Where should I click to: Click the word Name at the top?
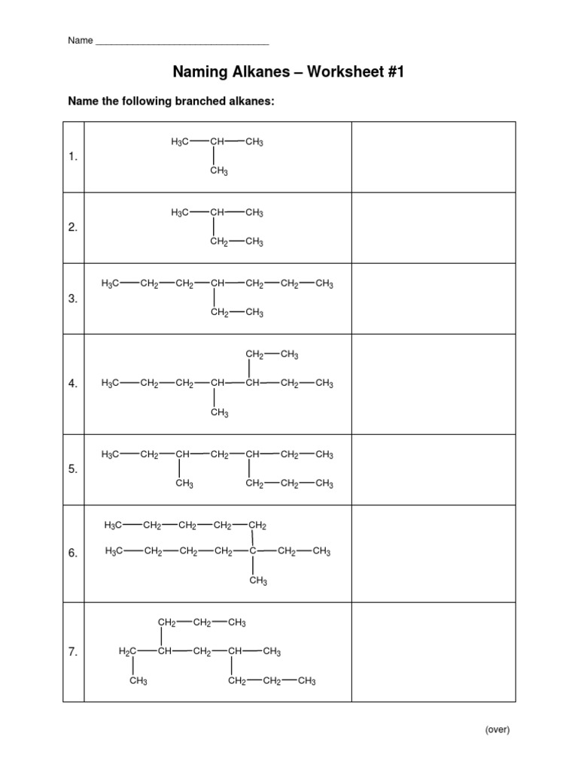80,41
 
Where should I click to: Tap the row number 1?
73,157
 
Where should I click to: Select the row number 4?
73,383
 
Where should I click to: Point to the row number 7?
73,653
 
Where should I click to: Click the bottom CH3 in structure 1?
219,171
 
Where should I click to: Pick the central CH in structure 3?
218,284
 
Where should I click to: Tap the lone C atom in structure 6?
253,552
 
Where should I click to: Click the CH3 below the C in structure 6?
258,581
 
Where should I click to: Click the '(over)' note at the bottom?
497,729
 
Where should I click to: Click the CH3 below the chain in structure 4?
219,412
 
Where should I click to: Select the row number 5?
73,469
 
